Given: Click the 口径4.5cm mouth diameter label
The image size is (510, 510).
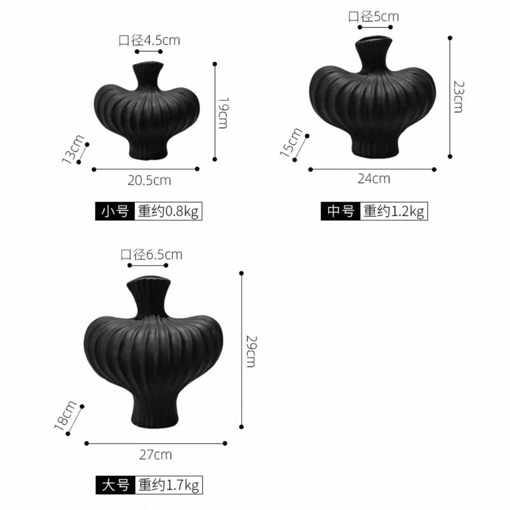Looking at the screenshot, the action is pos(149,41).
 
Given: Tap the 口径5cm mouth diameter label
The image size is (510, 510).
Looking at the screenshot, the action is pos(374,16).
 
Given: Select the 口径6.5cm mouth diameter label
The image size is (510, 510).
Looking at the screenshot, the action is pos(151,255).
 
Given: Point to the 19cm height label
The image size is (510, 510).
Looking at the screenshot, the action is pos(223,113).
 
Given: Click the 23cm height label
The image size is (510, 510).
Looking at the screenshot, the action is pos(459,97).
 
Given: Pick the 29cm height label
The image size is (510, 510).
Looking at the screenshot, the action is pos(251,351).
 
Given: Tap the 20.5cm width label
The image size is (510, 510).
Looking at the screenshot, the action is pos(149,180).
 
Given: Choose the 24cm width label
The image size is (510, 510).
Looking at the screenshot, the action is pos(374,179).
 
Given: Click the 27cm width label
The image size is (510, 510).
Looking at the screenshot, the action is pos(155,455).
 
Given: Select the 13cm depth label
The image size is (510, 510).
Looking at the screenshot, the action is pos(73,149).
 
